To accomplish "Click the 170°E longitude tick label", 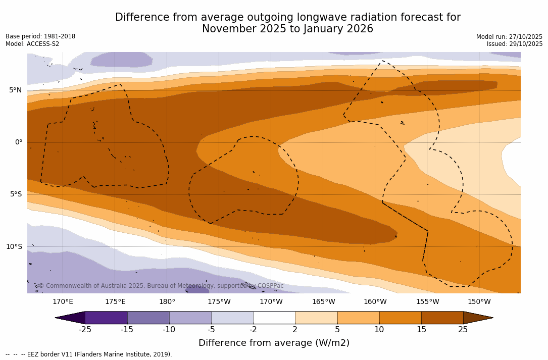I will click(x=63, y=302).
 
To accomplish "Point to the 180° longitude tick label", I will click(x=167, y=302).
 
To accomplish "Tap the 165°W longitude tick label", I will click(x=323, y=302).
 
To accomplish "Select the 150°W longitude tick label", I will click(x=479, y=302).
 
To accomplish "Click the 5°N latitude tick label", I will click(x=15, y=90).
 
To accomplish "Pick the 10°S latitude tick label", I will click(x=14, y=247).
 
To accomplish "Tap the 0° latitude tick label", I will click(x=19, y=142).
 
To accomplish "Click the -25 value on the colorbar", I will click(x=85, y=330).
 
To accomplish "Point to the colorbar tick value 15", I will click(x=421, y=330).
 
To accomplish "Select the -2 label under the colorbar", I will click(x=253, y=330).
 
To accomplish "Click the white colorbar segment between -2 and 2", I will click(x=274, y=318).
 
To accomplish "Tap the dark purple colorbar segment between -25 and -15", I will click(x=106, y=318).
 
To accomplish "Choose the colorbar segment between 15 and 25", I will click(x=442, y=318).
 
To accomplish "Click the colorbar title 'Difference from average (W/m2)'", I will click(x=274, y=343).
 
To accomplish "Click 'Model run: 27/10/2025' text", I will click(x=509, y=37).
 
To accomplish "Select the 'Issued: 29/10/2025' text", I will click(x=515, y=44).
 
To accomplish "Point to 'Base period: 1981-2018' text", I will click(x=40, y=37).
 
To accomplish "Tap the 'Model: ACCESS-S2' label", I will click(x=32, y=44).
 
